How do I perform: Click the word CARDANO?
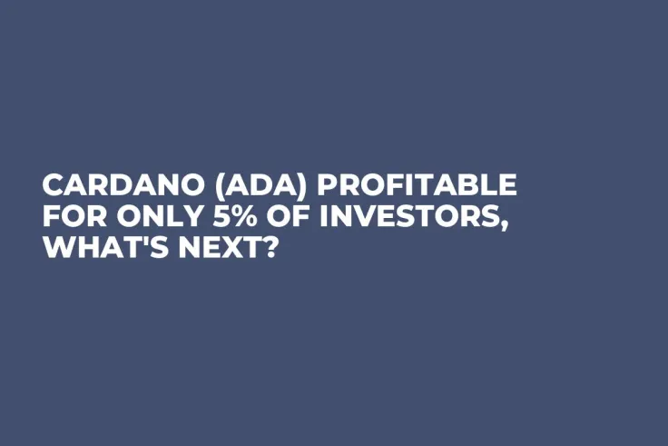[118, 185]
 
